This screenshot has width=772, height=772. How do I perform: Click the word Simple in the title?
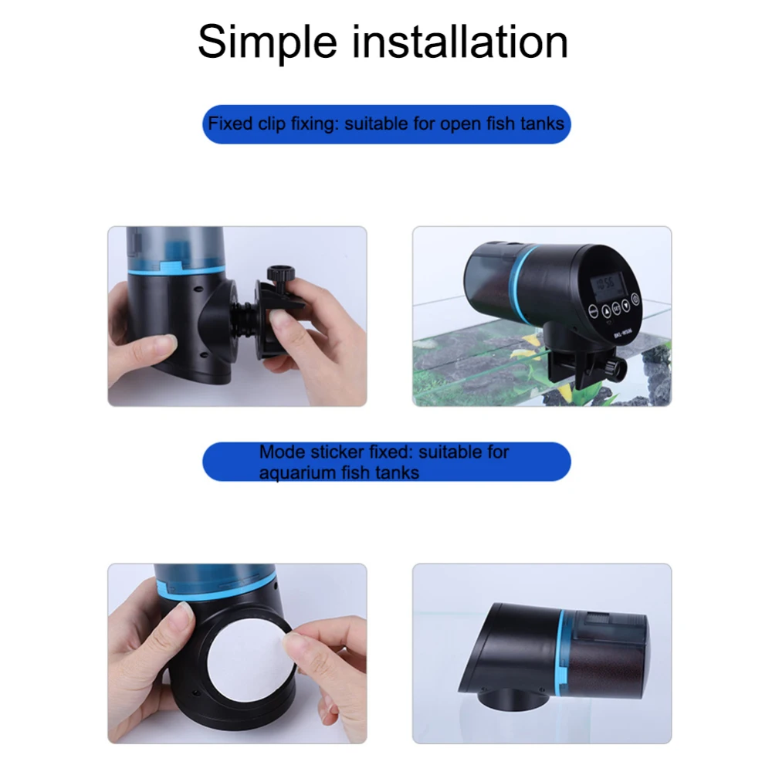click(267, 43)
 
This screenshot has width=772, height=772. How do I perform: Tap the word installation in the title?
click(460, 42)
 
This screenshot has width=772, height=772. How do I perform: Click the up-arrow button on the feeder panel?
click(605, 310)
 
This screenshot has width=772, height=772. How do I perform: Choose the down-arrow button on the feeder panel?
click(625, 305)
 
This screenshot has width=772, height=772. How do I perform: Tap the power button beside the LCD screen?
click(635, 299)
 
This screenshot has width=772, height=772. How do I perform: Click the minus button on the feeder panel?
click(593, 312)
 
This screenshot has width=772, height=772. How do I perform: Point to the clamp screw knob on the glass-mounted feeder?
click(615, 368)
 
